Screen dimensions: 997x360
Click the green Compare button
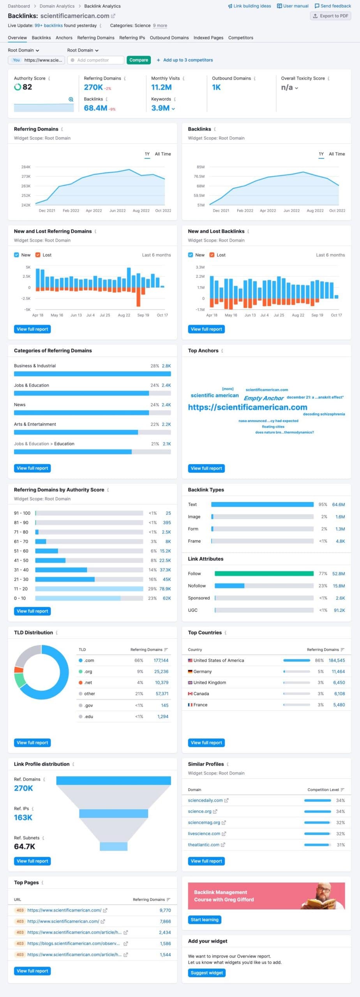[139, 60]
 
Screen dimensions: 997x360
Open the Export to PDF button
[330, 16]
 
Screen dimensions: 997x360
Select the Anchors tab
[64, 38]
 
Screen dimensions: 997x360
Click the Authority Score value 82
[27, 87]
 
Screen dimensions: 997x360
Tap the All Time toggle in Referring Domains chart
[163, 154]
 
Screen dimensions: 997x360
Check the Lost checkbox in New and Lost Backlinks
[212, 255]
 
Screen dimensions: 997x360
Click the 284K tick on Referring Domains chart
[26, 167]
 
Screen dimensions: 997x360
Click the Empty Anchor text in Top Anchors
[263, 398]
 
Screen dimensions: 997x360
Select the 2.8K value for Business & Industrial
[166, 366]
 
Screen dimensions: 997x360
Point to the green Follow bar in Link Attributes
[264, 573]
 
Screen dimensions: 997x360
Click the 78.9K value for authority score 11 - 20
[165, 588]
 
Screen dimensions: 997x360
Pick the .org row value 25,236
[161, 671]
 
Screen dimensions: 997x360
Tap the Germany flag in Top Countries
[190, 671]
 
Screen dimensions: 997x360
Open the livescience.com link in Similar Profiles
[204, 833]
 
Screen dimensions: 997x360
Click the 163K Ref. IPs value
[23, 817]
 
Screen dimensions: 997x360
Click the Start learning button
[205, 919]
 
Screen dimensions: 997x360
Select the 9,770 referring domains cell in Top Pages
[165, 910]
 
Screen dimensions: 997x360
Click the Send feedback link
[333, 6]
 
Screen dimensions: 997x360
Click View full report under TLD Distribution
[32, 743]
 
